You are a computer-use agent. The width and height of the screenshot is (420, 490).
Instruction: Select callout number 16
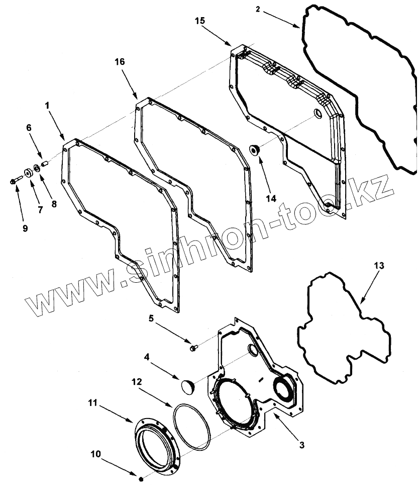point(120,61)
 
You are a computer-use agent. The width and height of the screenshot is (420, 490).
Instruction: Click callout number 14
point(271,198)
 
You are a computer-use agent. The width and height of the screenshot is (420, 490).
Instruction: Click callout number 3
point(301,444)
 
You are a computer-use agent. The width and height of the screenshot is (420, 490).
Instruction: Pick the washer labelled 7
point(28,173)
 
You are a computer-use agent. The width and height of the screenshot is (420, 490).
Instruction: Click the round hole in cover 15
point(317,114)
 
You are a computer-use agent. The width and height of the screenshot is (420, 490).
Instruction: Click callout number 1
point(47,107)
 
